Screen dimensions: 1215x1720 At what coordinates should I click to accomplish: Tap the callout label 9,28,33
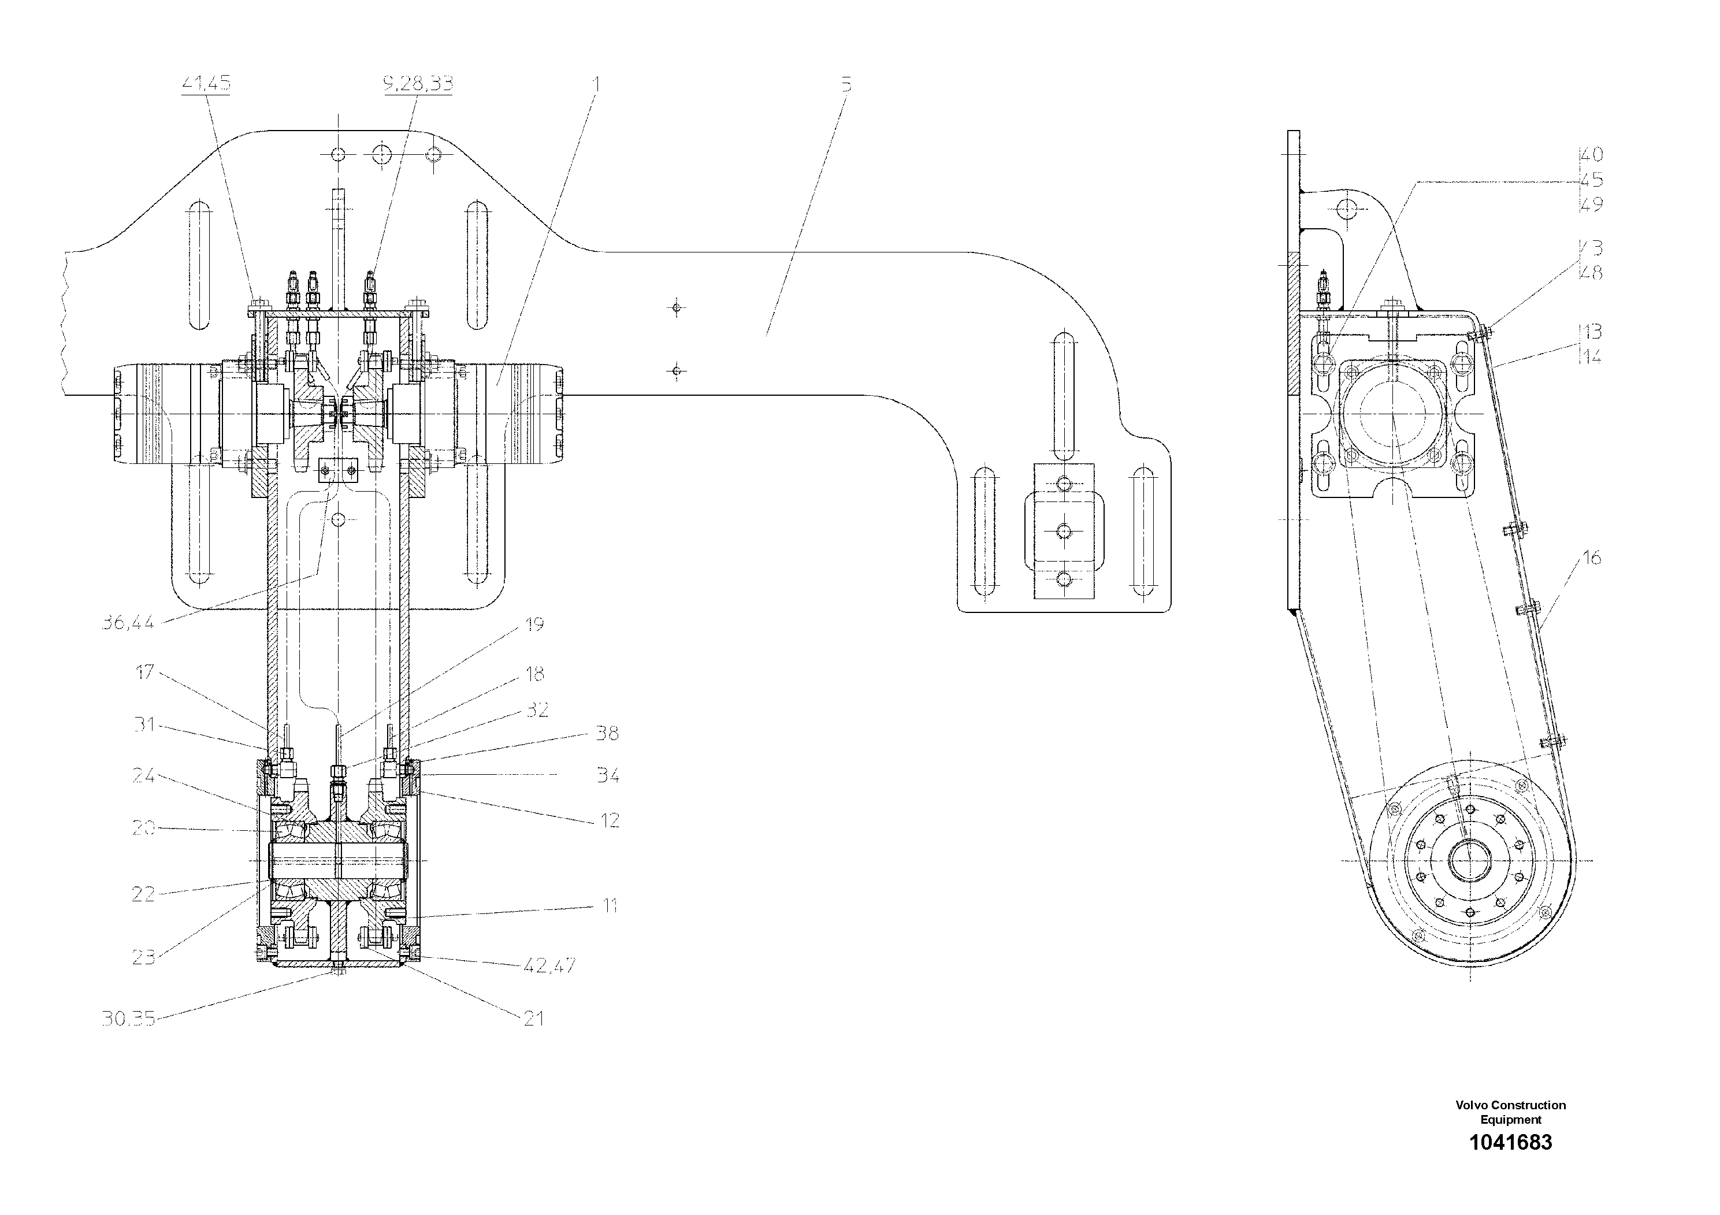(x=418, y=83)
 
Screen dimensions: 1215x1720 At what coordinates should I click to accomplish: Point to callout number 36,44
(x=128, y=622)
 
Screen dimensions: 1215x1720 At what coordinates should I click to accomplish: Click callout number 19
(x=534, y=624)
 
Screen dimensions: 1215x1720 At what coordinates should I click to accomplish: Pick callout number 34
(x=608, y=775)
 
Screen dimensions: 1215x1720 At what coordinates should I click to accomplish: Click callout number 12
(x=610, y=820)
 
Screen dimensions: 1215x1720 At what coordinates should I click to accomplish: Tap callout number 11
(x=610, y=906)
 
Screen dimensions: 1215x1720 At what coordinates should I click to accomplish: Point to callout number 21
(x=533, y=1018)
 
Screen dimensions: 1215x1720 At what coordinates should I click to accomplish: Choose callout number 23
(x=143, y=957)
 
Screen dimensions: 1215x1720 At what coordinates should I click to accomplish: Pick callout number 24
(x=143, y=776)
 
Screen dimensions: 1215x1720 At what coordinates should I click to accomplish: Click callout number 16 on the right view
(x=1591, y=558)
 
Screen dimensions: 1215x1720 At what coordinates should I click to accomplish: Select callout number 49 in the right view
(x=1591, y=204)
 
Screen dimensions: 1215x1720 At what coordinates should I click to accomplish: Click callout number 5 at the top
(x=846, y=84)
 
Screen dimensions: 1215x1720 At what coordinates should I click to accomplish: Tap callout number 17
(x=144, y=672)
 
